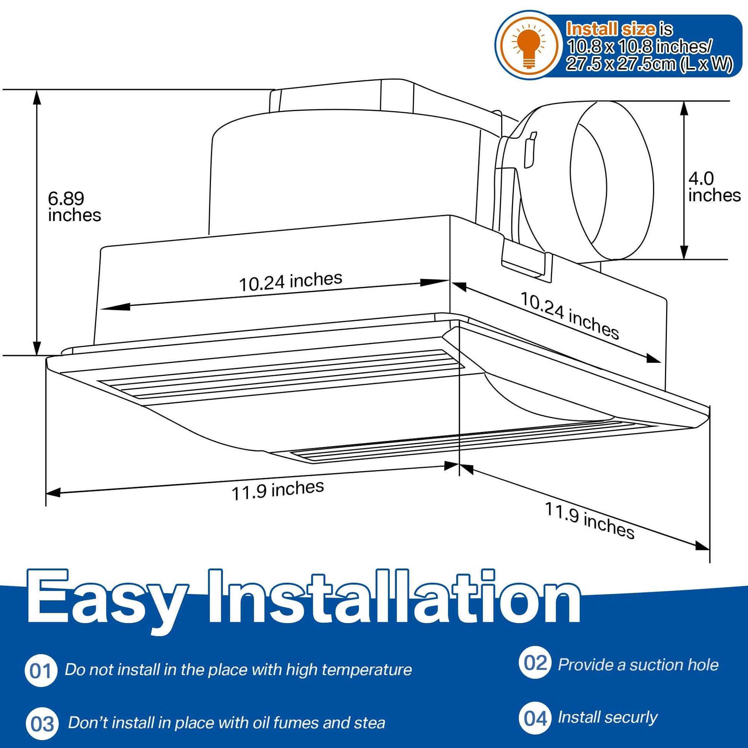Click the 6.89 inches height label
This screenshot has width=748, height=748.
[x=74, y=207]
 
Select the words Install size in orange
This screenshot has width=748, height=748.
[x=611, y=29]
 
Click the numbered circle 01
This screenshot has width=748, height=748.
[x=41, y=671]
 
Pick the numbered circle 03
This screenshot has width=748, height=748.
[x=42, y=724]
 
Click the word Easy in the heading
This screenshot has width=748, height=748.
[x=106, y=604]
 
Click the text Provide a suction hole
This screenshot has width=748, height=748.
[x=638, y=665]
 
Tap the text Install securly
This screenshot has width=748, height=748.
[x=607, y=718]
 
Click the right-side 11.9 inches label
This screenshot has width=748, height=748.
[x=590, y=521]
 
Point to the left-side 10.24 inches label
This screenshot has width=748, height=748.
[x=291, y=281]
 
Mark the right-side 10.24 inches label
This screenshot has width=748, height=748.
[x=570, y=316]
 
